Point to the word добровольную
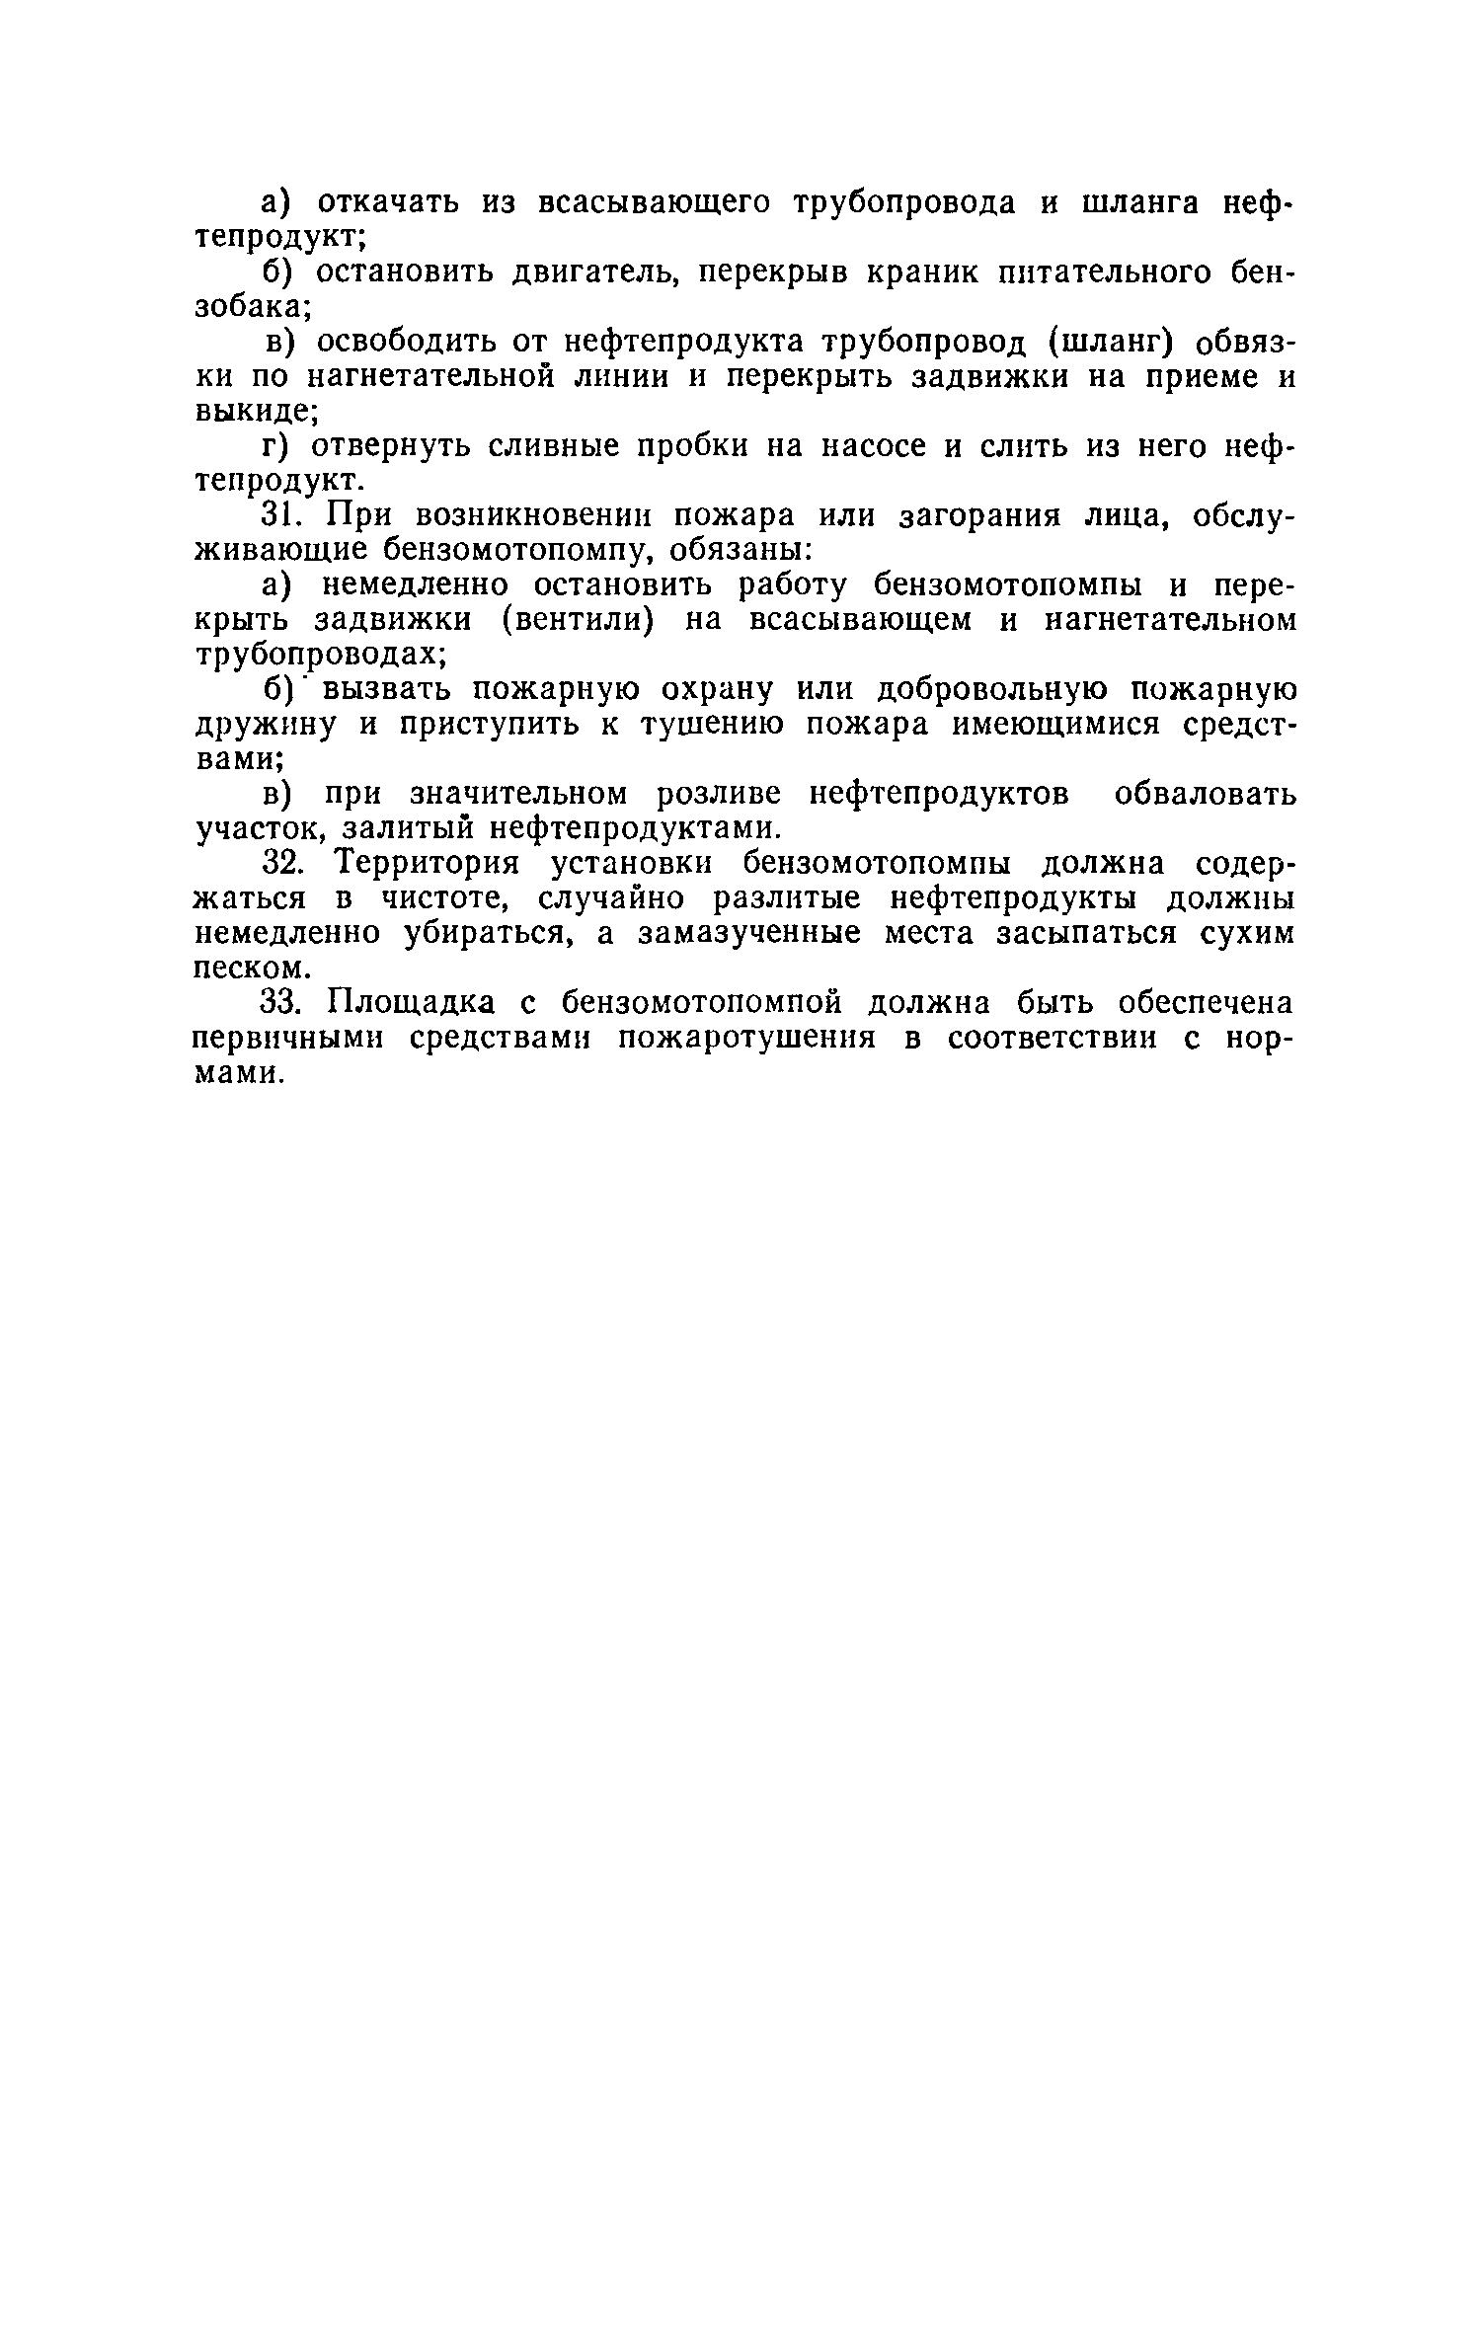coord(1003,689)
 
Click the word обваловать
coord(1204,794)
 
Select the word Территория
coord(426,864)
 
